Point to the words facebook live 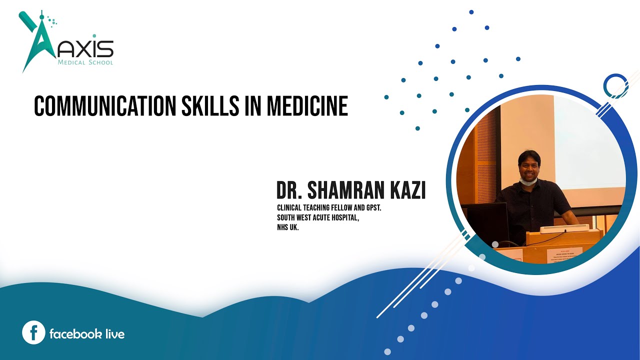click(x=87, y=334)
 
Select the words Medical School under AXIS click(x=85, y=62)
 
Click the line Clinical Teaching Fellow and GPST click(x=329, y=207)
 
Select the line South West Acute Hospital click(x=318, y=217)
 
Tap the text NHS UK click(x=287, y=227)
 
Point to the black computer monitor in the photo click(x=486, y=222)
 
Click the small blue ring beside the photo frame click(x=615, y=86)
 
